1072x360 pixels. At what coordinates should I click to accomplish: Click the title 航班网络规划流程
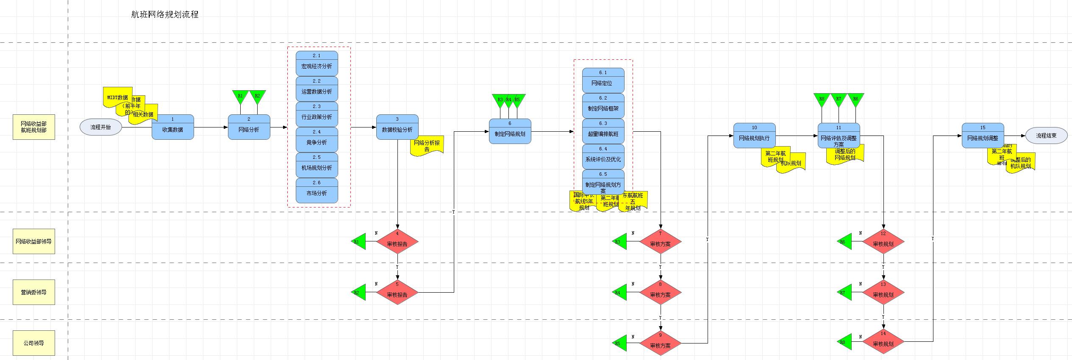[x=164, y=15]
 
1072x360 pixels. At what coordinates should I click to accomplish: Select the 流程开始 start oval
[x=101, y=127]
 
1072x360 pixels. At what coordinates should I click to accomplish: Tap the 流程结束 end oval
[x=1046, y=136]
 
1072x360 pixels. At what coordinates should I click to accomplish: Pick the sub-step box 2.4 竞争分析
[x=317, y=140]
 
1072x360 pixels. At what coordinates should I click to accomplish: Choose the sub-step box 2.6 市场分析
[x=317, y=191]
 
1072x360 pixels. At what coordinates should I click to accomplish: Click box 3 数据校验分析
[x=397, y=127]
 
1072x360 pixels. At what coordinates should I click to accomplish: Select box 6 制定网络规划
[x=510, y=131]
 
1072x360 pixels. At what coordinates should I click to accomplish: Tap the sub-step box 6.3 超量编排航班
[x=603, y=131]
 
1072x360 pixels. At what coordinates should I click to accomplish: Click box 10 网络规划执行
[x=754, y=136]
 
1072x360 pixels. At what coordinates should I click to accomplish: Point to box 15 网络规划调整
[x=983, y=136]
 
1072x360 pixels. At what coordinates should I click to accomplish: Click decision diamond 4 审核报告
[x=397, y=242]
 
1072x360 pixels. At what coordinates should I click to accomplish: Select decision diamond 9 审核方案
[x=660, y=343]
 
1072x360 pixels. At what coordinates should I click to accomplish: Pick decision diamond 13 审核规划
[x=883, y=292]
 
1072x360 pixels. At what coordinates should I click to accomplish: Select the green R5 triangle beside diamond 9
[x=620, y=343]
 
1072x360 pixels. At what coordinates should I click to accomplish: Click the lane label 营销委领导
[x=34, y=292]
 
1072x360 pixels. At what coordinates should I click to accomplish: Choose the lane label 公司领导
[x=34, y=343]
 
